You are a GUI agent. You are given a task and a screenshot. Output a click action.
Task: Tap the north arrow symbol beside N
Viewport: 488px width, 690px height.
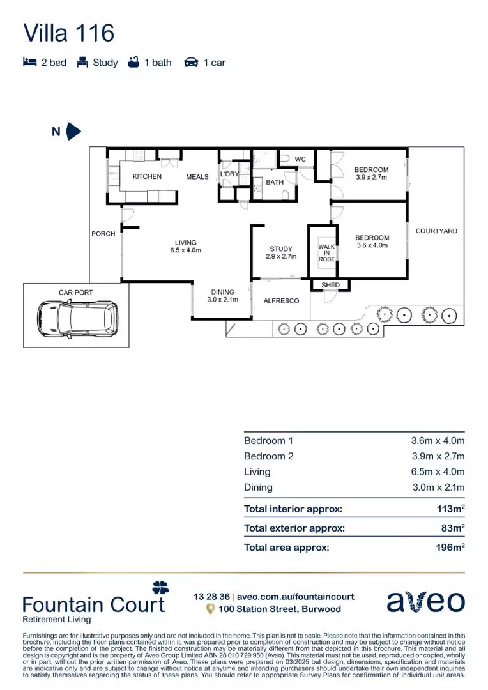pos(73,132)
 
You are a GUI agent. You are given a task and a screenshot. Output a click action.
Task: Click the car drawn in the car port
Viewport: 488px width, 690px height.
pos(77,318)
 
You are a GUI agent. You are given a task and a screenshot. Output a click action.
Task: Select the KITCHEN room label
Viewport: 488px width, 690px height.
pos(147,176)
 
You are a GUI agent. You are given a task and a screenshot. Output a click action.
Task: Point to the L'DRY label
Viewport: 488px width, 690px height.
pos(229,174)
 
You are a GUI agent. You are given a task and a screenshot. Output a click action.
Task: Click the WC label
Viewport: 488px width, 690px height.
pos(300,158)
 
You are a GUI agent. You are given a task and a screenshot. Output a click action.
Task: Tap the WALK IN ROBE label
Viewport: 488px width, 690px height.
pos(326,252)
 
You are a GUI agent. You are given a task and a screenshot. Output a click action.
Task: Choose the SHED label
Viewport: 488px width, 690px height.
pos(331,285)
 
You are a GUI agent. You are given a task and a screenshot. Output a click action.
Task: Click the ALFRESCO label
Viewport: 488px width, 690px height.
pos(282,300)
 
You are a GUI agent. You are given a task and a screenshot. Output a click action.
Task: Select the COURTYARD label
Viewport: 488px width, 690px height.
pos(436,231)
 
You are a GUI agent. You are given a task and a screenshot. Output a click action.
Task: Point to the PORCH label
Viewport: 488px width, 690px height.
pos(103,234)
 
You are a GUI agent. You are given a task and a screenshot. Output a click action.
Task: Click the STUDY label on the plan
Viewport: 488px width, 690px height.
pos(281,249)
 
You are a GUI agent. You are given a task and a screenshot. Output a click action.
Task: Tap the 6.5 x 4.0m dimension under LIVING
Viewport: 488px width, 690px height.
pos(186,250)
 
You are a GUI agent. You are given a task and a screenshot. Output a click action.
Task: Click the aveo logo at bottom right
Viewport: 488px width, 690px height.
pos(425,602)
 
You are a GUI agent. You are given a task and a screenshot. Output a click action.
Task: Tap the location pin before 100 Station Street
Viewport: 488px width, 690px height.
pos(210,609)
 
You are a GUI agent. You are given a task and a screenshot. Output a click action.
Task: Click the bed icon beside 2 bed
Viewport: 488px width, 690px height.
pos(29,63)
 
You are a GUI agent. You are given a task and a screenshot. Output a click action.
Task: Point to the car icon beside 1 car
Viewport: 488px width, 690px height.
pos(191,63)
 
